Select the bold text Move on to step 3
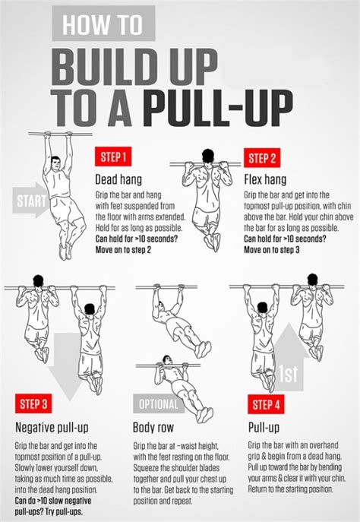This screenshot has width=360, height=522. tap(272, 248)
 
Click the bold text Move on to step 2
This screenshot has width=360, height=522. tap(123, 248)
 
